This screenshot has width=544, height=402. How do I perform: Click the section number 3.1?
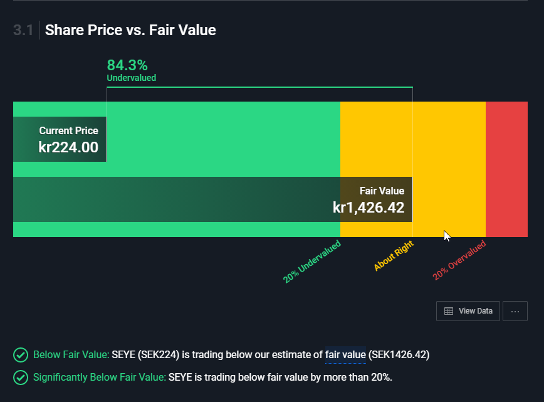coord(23,30)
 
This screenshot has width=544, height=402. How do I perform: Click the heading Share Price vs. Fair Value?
coord(130,30)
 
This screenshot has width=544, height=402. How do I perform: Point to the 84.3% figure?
coord(127,65)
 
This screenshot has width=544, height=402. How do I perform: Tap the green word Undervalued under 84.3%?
coord(132,78)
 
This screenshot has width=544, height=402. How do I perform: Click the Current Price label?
coord(69,130)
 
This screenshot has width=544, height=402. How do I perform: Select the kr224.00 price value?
coord(68,147)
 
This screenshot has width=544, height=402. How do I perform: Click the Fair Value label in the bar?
coord(382,191)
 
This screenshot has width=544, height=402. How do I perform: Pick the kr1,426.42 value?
coord(369,208)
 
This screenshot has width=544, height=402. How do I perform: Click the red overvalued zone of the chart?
coord(506,169)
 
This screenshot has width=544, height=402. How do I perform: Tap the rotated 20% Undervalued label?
coord(312,262)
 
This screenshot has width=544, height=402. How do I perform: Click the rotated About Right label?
coord(394,255)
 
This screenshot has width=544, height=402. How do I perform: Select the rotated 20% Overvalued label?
coord(459,260)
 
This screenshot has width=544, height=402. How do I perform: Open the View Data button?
coord(468,311)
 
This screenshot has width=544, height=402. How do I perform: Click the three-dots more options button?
coord(515,311)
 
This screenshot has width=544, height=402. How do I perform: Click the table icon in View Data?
coord(449,311)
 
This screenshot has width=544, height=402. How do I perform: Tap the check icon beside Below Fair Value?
coord(21,355)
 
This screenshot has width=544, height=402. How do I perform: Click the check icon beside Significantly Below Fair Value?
coord(21,378)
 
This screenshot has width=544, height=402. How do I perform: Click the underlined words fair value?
coord(345,355)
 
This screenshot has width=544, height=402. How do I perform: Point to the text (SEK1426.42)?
coord(399,355)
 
